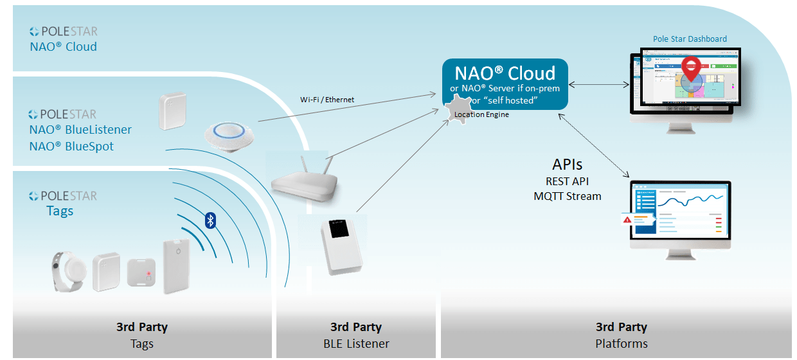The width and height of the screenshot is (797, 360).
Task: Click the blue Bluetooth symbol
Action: [210, 221]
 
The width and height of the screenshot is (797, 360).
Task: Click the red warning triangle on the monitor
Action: [627, 220]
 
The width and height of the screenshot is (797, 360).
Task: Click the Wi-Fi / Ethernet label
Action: [327, 100]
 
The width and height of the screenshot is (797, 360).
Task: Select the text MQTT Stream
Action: [568, 196]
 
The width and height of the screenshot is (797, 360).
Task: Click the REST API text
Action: [568, 181]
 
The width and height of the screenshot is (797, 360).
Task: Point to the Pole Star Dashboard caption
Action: [690, 39]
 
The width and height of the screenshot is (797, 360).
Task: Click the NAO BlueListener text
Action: [80, 130]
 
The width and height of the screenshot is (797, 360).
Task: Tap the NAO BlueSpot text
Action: [71, 147]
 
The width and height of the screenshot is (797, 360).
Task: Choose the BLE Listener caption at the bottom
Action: [356, 343]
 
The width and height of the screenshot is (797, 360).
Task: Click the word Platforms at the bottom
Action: [621, 343]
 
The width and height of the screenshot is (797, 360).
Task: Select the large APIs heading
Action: [568, 164]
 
